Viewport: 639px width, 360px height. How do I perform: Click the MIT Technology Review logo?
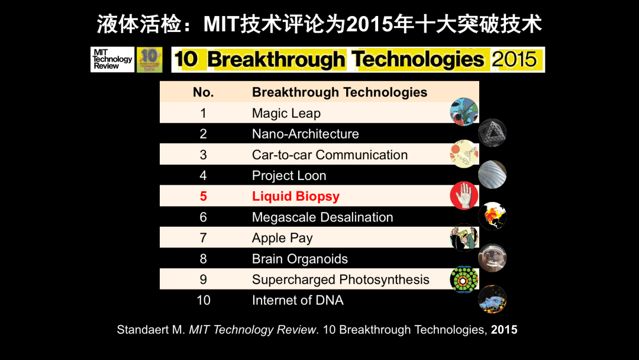coord(112,60)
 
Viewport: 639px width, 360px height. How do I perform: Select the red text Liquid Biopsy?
coord(295,197)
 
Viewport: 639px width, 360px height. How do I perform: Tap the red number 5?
coord(204,196)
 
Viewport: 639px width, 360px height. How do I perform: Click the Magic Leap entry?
coord(286,113)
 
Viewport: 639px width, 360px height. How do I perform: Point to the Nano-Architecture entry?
coord(305,134)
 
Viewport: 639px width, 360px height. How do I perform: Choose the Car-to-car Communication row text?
coord(330,155)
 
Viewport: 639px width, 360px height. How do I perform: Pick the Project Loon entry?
coord(289,176)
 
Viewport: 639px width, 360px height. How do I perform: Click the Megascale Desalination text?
coord(322,217)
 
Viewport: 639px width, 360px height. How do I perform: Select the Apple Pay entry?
coord(282,238)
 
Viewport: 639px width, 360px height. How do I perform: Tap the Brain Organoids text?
coord(299,259)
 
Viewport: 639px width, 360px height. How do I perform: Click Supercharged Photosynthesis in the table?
coord(340,279)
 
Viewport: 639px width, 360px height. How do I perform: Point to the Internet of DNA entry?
coord(298,300)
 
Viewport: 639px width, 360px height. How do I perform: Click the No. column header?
coord(204,92)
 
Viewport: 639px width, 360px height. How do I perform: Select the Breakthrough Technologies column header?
coord(340,92)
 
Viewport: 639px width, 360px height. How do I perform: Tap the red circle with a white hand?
coord(464,195)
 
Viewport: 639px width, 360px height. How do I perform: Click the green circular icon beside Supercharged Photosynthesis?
coord(464,279)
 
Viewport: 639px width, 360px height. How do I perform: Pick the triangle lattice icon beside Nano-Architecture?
coord(492,133)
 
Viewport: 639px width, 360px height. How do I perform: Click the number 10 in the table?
coord(204,300)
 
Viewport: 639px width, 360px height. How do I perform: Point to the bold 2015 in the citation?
coord(504,330)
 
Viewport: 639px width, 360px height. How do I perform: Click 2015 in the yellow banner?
coord(514,60)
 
